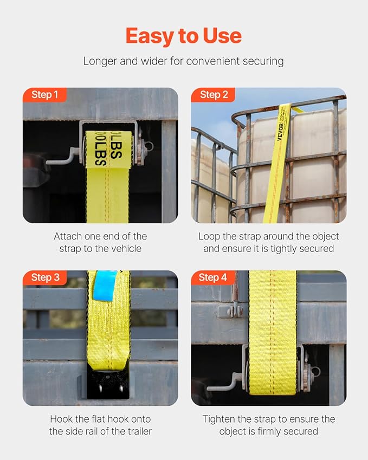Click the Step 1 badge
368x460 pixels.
click(44, 95)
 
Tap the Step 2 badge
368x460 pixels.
click(213, 95)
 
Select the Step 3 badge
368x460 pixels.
click(45, 278)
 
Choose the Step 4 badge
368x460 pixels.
click(213, 278)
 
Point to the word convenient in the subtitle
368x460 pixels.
click(212, 61)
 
